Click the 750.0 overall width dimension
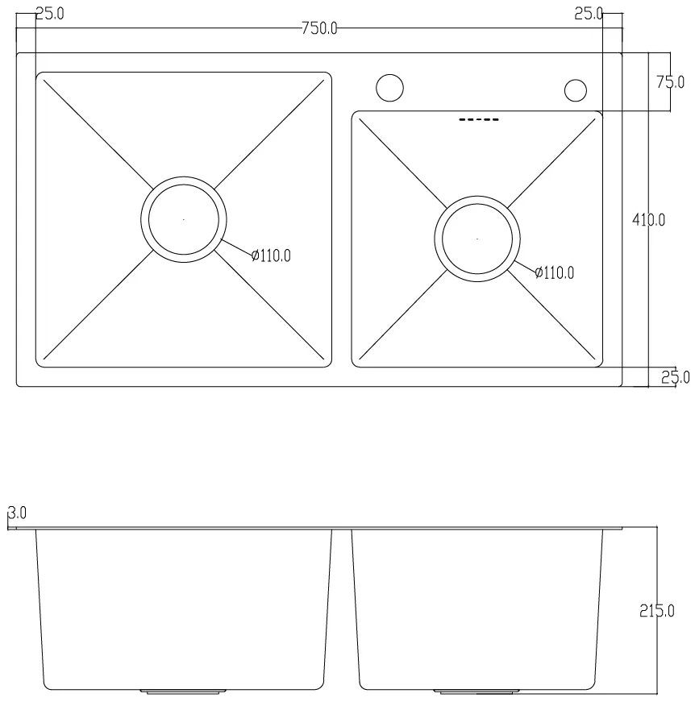tap(319, 28)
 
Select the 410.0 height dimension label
tap(648, 220)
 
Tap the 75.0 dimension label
tap(670, 82)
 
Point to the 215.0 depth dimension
tap(657, 611)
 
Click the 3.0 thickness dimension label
tap(17, 513)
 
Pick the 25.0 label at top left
tap(49, 14)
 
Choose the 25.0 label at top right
tap(589, 14)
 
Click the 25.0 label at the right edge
tap(675, 377)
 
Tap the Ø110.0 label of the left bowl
tap(271, 255)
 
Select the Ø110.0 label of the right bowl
tap(554, 272)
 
